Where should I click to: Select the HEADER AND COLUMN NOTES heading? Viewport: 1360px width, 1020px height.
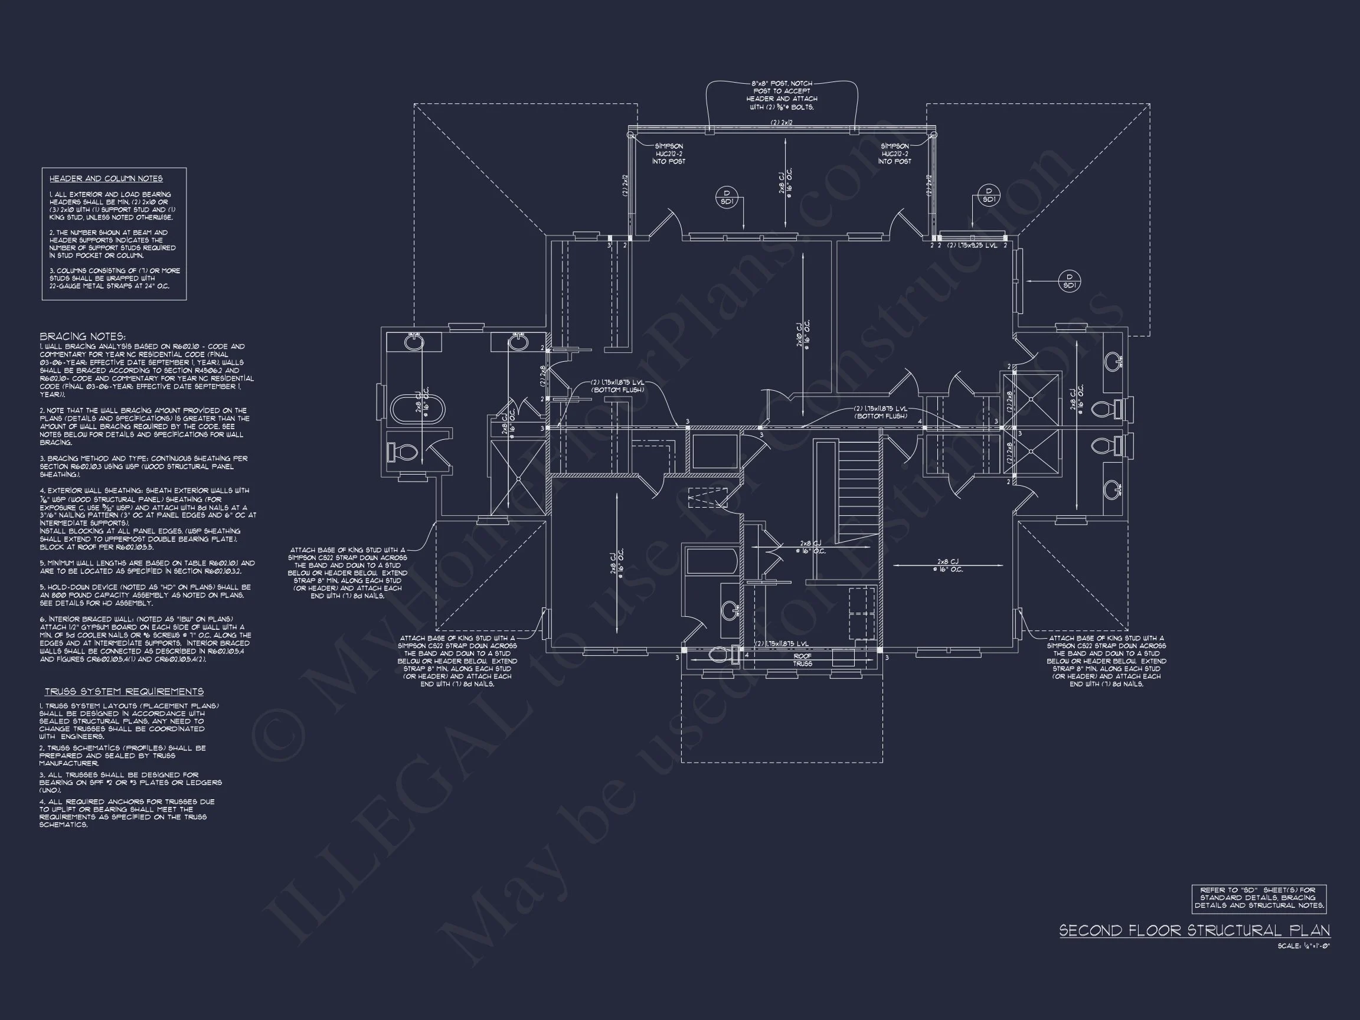tap(106, 179)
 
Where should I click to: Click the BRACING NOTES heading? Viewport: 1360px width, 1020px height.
tap(83, 337)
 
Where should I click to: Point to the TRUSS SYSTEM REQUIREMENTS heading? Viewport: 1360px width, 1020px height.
tap(123, 692)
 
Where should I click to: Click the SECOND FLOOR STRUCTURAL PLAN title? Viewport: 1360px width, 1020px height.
tap(1194, 930)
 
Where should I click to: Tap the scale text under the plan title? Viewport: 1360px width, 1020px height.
tap(1303, 946)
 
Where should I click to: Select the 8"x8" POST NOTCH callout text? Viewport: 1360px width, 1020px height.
tap(782, 94)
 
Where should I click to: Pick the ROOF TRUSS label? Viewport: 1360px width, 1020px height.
tap(802, 660)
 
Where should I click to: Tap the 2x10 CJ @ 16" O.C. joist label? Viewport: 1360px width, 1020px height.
tap(802, 335)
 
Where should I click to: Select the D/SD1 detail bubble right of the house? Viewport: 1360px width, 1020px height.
tap(1070, 281)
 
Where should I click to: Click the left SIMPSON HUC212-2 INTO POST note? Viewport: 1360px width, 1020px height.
tap(668, 153)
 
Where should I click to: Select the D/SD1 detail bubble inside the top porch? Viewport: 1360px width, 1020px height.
tap(726, 197)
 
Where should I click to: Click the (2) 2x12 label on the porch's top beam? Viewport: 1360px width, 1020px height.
tap(782, 123)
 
